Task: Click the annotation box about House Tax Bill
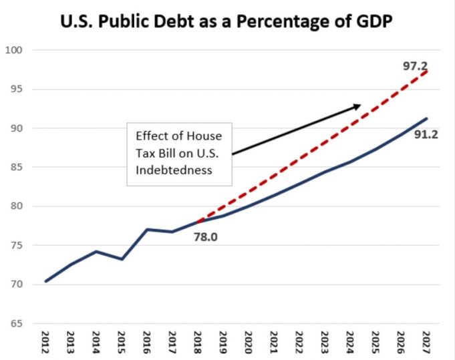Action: (x=180, y=153)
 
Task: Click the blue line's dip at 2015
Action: (x=122, y=258)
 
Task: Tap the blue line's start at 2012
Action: (x=46, y=281)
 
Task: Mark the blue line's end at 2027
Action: (x=426, y=118)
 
